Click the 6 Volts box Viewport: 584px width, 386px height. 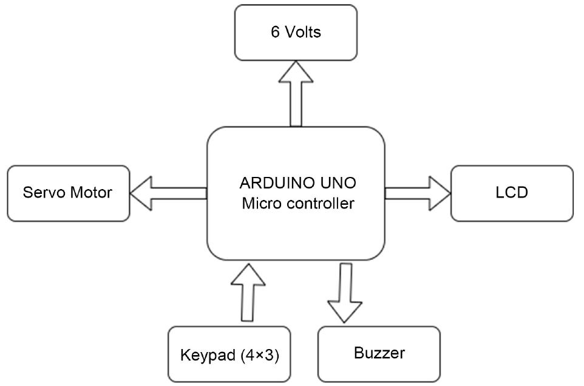296,33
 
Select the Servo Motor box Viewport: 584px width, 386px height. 68,193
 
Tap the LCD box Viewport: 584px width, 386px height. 511,193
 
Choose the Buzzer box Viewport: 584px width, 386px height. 378,354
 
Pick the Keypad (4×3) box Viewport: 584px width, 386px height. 229,354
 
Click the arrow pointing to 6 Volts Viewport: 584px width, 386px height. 296,93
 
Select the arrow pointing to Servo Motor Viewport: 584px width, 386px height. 169,193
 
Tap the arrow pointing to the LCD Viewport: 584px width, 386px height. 418,193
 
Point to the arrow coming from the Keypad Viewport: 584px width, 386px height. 248,291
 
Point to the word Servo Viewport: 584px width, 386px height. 41,193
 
